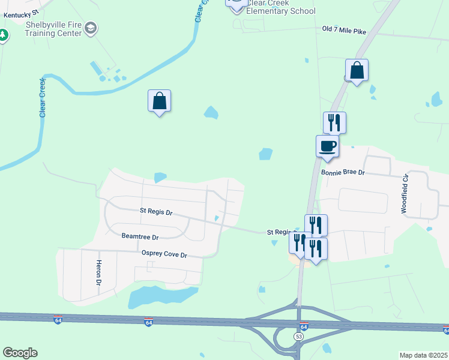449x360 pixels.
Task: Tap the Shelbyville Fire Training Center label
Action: click(x=53, y=29)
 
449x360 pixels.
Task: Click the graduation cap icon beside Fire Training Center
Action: click(x=91, y=28)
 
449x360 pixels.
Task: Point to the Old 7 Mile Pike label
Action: click(x=343, y=29)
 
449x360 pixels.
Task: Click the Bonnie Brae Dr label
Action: click(x=343, y=172)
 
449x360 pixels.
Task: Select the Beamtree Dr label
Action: click(x=139, y=237)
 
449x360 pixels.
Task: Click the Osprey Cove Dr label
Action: click(x=164, y=254)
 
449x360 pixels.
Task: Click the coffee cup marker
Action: click(x=327, y=146)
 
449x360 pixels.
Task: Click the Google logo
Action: click(x=20, y=353)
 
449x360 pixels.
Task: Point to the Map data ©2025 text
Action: click(x=423, y=355)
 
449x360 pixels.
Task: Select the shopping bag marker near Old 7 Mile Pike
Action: click(x=357, y=70)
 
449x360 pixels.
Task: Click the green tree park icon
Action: click(x=3, y=35)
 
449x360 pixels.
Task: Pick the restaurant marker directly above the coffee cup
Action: click(x=334, y=122)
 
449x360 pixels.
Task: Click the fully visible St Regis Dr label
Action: click(x=155, y=212)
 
